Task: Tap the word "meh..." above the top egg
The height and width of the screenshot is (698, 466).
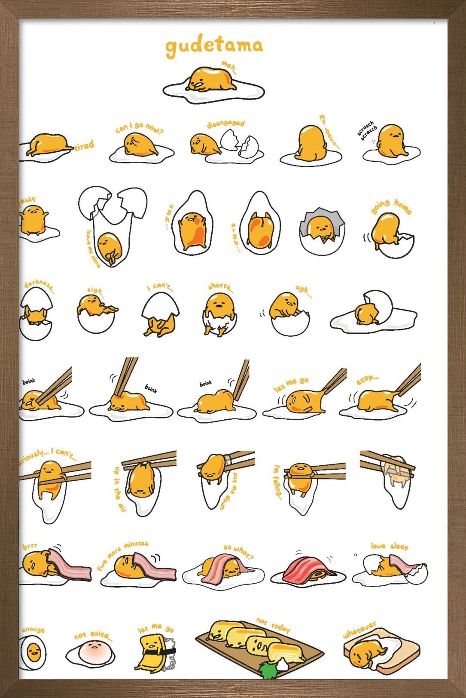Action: tap(229, 68)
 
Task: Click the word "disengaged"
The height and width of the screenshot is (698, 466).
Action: tap(225, 124)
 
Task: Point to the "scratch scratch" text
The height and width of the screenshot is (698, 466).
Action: tap(367, 129)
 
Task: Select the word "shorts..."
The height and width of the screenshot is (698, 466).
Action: tap(220, 287)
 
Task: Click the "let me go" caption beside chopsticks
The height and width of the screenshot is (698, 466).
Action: tap(291, 384)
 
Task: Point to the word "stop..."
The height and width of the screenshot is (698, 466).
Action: tap(367, 379)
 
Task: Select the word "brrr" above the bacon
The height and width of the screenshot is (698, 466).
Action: tap(30, 546)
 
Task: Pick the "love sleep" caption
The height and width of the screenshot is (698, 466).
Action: tap(389, 546)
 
